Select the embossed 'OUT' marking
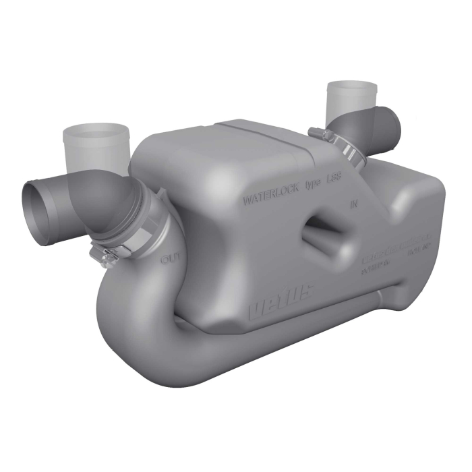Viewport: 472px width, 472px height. click(169, 258)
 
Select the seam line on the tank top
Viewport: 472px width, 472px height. click(270, 134)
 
